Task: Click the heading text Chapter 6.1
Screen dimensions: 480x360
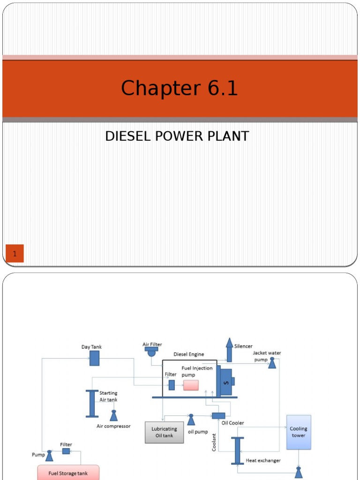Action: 180,88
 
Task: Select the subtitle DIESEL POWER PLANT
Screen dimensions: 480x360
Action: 177,136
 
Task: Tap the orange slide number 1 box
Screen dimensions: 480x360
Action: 15,254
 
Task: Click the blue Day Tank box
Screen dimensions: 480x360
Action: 94,358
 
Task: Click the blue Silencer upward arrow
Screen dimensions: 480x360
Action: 229,350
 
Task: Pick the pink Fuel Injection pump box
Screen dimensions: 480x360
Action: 191,385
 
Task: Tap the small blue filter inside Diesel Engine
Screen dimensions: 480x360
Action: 172,385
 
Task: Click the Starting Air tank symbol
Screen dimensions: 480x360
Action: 92,403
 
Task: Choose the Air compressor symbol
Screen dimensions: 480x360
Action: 113,415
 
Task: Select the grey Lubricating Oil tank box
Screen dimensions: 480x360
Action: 164,432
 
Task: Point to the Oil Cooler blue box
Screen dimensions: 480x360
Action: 218,416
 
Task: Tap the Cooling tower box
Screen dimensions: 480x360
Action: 299,432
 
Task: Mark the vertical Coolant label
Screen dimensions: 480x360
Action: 214,442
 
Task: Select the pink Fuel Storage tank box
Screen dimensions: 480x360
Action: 68,472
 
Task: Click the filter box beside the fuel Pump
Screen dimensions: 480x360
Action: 66,451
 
